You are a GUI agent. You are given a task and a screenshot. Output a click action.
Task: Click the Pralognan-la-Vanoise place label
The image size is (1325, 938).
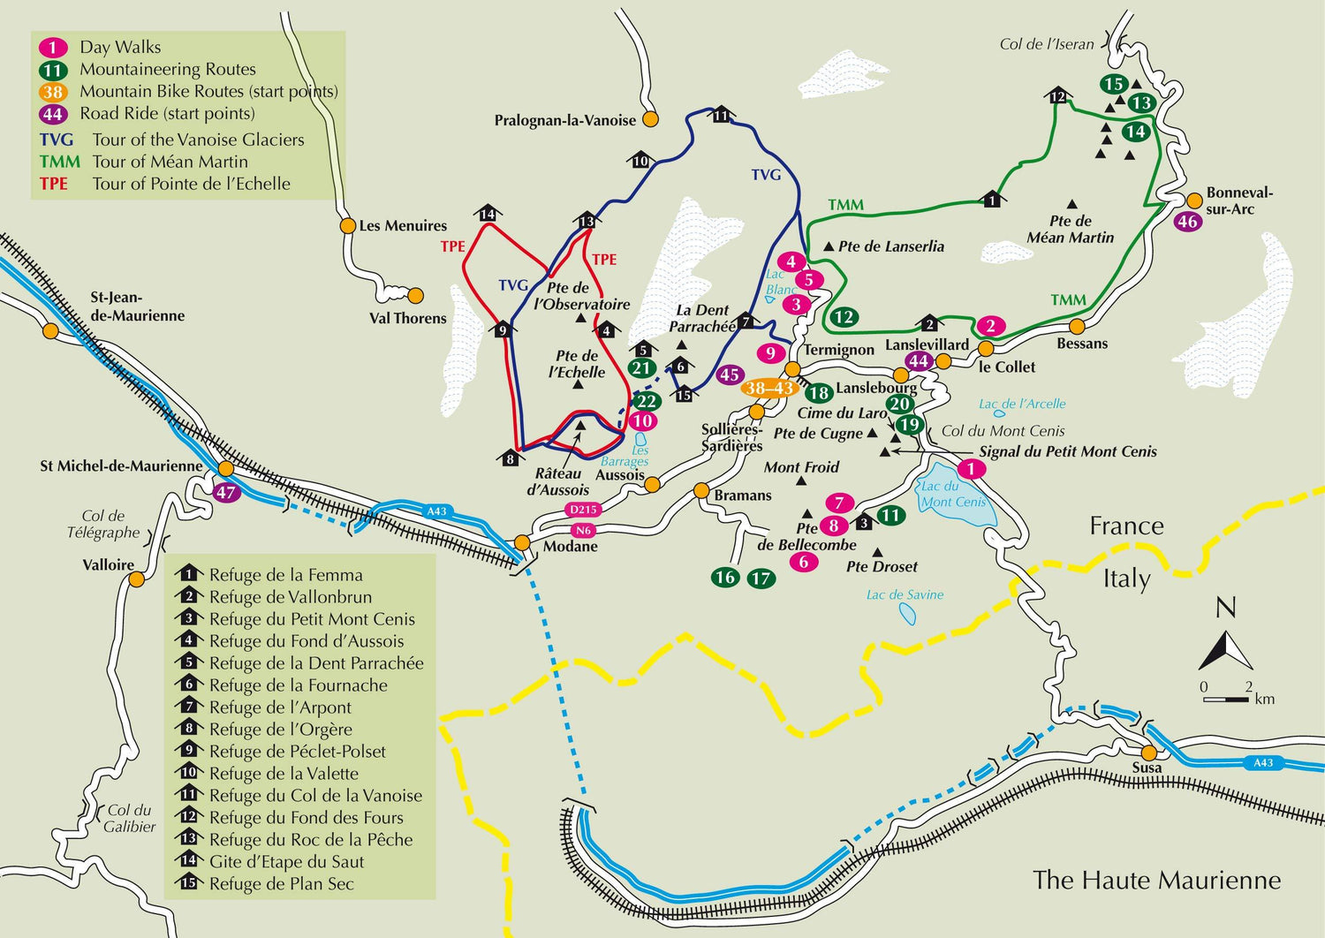[564, 120]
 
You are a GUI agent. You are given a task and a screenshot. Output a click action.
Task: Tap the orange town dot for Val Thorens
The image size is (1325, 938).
[415, 295]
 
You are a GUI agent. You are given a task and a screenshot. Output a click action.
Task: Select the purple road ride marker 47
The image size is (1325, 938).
[226, 492]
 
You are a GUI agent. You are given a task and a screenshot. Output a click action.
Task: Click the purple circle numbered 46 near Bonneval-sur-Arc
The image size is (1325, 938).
[1187, 222]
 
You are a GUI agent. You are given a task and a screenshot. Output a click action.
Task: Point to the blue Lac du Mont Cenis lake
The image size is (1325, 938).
[958, 495]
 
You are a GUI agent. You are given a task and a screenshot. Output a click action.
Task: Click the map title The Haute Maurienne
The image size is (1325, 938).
[1156, 880]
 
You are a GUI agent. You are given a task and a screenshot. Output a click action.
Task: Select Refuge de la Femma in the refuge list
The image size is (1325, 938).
[285, 575]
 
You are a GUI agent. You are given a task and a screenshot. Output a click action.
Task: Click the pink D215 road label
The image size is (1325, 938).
[583, 510]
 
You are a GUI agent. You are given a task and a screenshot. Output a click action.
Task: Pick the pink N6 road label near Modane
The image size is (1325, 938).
[582, 531]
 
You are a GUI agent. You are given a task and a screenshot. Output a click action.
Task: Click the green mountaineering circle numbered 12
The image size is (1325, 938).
[844, 317]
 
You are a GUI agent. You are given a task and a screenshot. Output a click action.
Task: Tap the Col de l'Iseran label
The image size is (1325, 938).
[1046, 44]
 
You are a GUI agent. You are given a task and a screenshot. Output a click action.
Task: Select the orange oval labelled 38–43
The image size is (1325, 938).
[768, 388]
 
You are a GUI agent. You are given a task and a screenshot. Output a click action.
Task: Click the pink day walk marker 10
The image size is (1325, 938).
[642, 421]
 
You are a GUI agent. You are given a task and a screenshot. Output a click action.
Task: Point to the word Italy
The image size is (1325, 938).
[1126, 579]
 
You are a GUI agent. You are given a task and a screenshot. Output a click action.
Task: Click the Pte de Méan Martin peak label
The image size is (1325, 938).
[1070, 229]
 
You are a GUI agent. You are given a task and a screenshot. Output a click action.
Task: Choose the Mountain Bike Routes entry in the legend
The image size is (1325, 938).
[208, 91]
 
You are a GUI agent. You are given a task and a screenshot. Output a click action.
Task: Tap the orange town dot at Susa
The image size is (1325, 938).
[1148, 753]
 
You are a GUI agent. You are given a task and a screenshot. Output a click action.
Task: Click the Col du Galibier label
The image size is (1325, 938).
[129, 818]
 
